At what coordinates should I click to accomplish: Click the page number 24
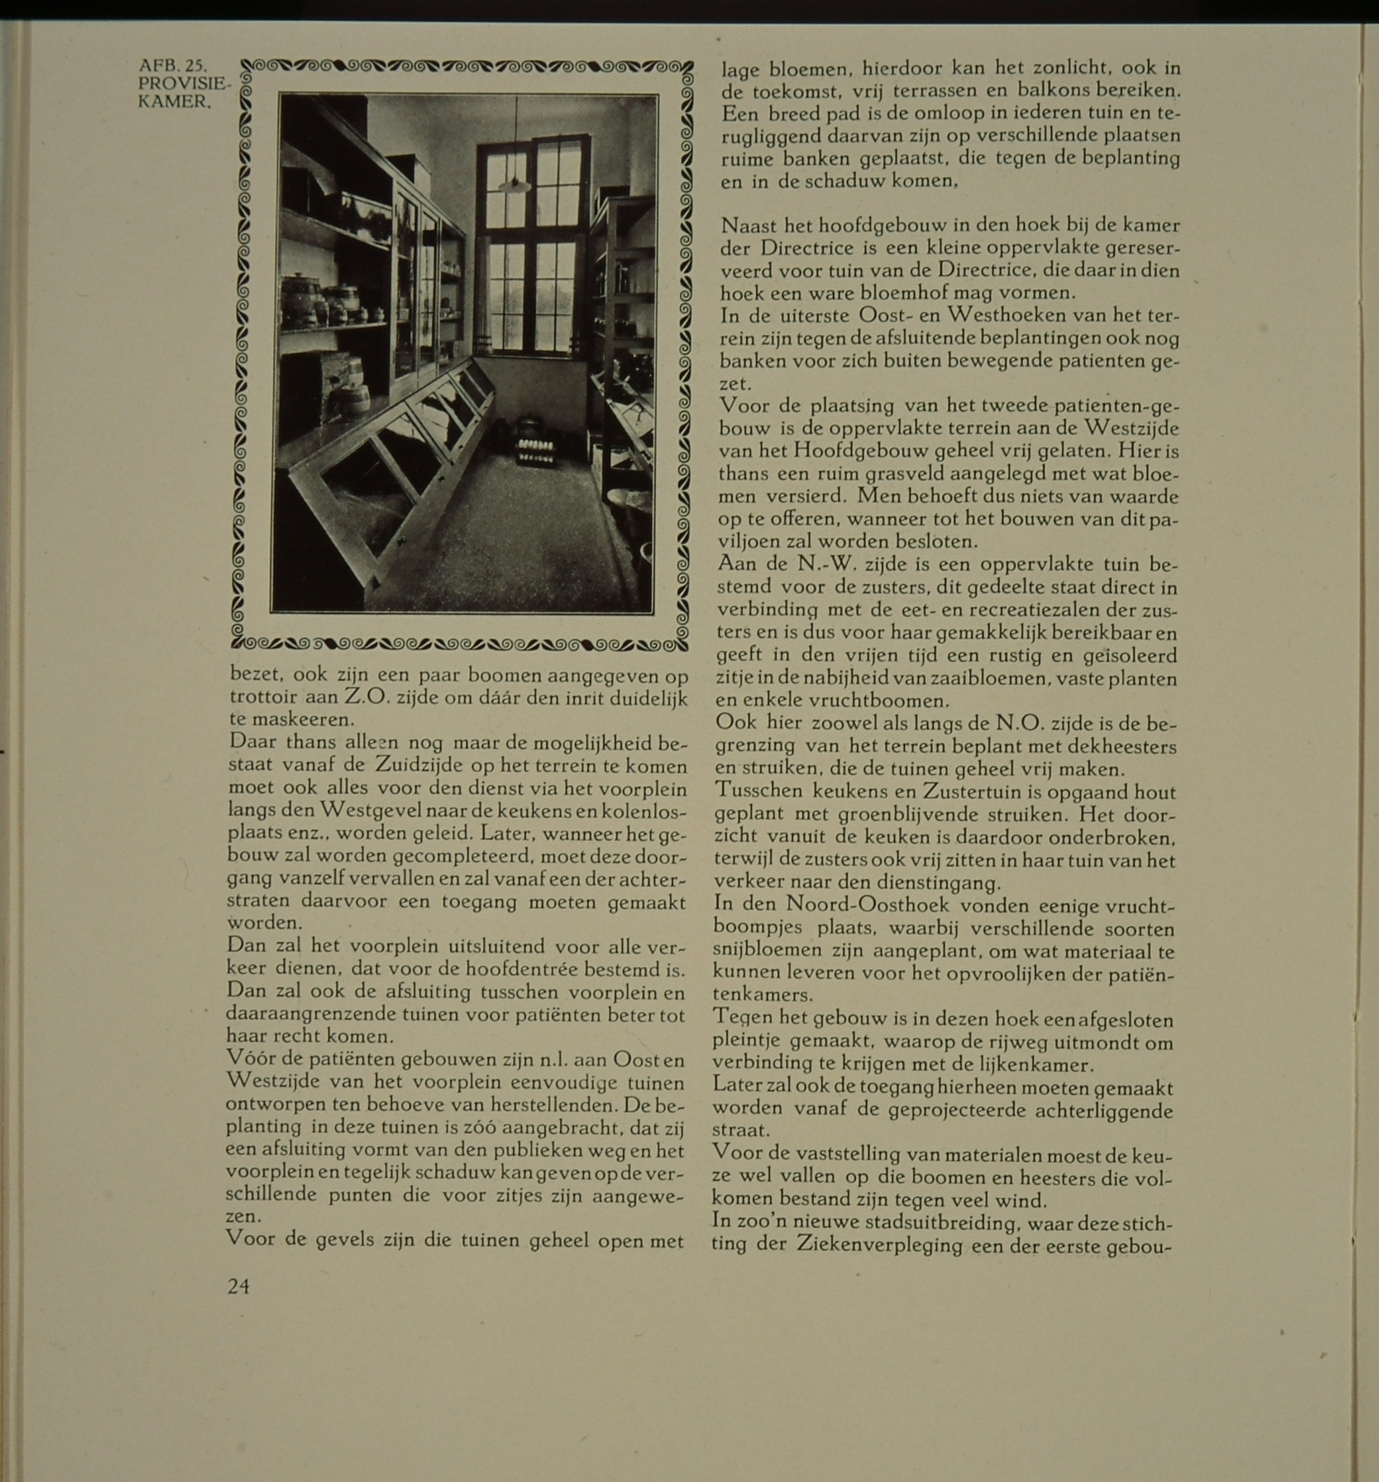point(239,1286)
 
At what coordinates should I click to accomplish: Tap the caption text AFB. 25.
point(173,66)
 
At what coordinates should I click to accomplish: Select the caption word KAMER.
point(174,101)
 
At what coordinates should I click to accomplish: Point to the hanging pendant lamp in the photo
point(514,184)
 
